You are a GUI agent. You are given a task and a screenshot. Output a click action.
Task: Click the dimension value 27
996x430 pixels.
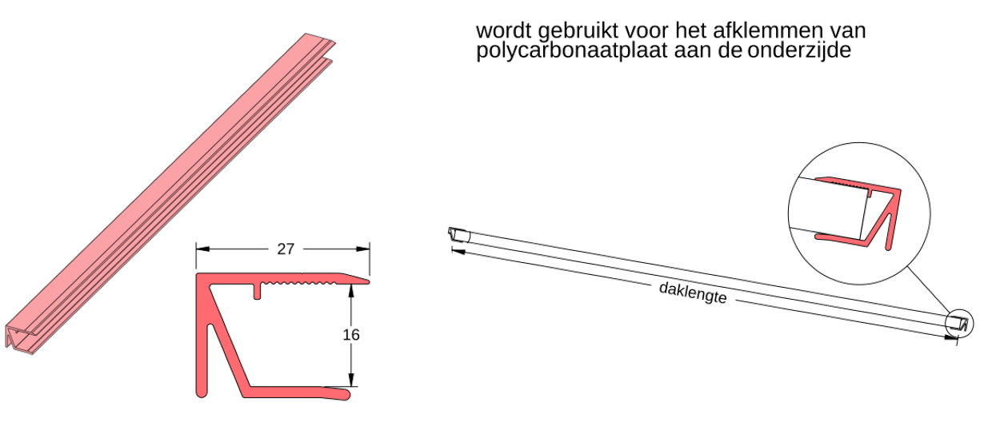[285, 249]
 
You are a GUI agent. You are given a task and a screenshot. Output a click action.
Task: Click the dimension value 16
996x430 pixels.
[350, 335]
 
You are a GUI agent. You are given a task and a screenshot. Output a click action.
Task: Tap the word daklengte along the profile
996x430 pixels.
[692, 293]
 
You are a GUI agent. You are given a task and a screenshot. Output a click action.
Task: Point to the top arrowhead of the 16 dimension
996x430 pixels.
[350, 291]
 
